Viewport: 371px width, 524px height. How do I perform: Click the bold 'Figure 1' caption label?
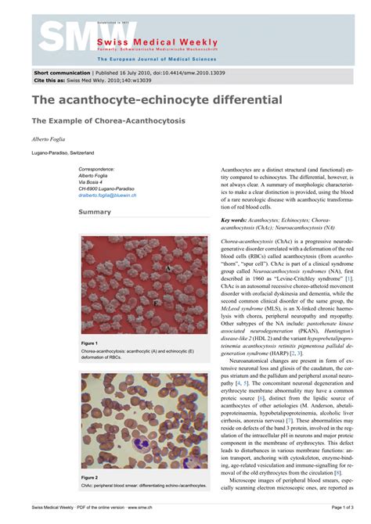89,343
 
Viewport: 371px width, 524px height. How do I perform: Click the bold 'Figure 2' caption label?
89,476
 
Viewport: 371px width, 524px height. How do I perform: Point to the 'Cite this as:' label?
47,80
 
